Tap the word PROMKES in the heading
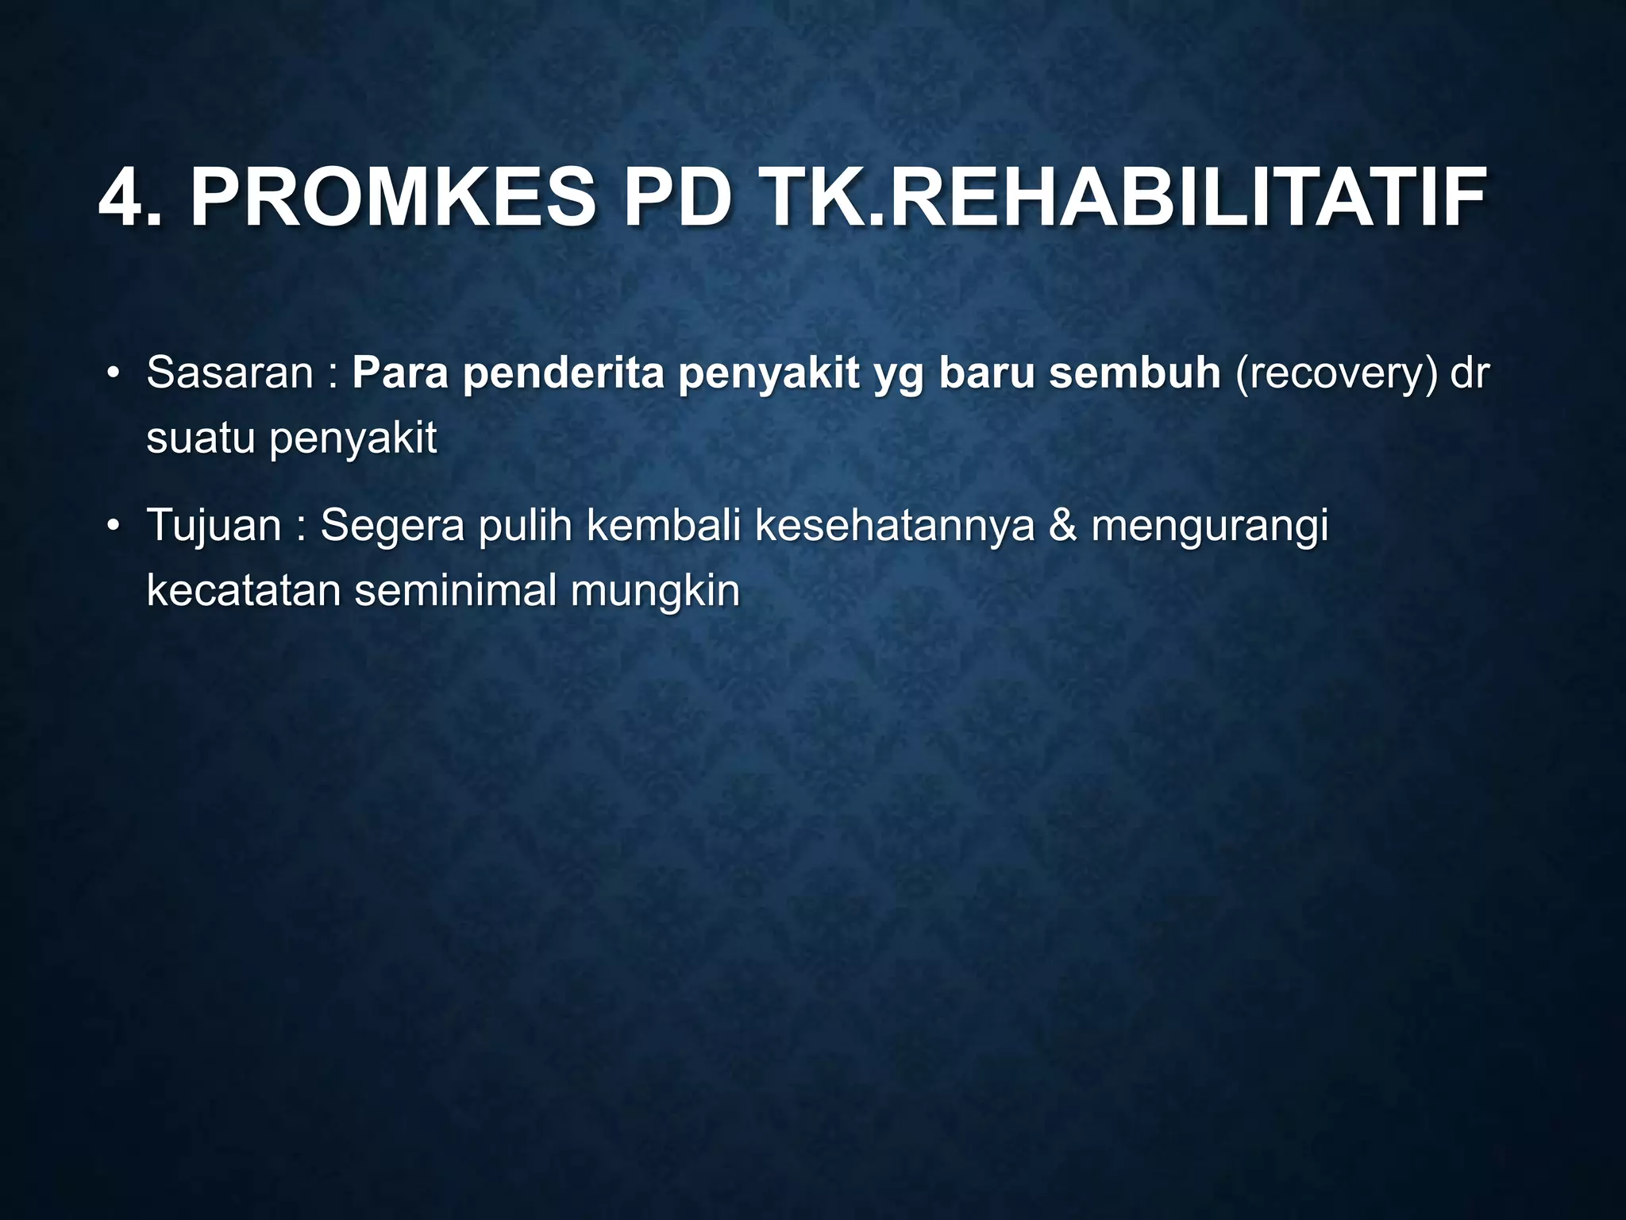coord(392,199)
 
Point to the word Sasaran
coord(230,373)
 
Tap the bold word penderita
coord(563,373)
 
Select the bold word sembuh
coord(1135,373)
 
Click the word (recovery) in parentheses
coord(1336,374)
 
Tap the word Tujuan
coord(214,527)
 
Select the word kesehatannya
coord(895,527)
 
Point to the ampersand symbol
coord(1062,527)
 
